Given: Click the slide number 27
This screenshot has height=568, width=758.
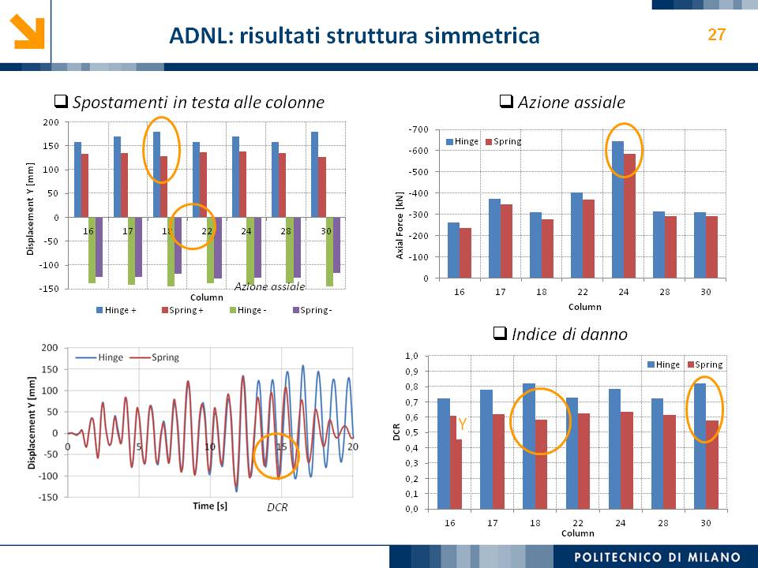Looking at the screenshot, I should [x=716, y=35].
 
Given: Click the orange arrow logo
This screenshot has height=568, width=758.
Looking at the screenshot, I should [x=28, y=32].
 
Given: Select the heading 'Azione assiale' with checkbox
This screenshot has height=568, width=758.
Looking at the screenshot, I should [x=561, y=102].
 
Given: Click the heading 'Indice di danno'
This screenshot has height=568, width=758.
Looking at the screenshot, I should [x=560, y=334].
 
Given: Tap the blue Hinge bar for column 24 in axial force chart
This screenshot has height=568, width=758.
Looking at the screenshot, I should [x=617, y=210].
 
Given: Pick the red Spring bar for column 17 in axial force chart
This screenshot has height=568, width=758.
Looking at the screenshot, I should [x=506, y=241].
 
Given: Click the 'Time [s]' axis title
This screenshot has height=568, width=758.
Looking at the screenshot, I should [x=210, y=506].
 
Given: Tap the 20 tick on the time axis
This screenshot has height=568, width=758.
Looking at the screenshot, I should [x=353, y=447].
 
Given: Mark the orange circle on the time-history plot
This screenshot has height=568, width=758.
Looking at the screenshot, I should [x=277, y=455].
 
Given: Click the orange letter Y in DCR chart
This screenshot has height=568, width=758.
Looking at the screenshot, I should [x=462, y=424].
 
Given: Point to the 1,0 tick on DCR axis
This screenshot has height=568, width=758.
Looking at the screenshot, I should [x=412, y=356].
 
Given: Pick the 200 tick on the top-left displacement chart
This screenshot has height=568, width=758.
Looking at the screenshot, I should [x=51, y=122].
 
